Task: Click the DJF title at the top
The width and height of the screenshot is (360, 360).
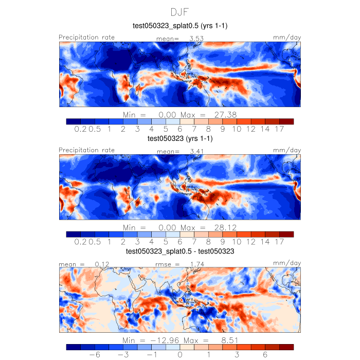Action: click(180, 11)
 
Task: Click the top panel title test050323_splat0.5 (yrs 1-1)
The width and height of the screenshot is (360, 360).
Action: click(180, 26)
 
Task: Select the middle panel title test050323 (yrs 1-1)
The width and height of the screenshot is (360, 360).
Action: click(180, 139)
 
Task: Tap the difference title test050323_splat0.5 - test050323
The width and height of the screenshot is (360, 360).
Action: click(180, 252)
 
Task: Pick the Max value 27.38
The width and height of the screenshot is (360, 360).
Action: click(225, 114)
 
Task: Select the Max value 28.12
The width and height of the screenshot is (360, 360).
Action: click(225, 227)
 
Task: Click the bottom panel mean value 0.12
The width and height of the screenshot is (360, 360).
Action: click(96, 264)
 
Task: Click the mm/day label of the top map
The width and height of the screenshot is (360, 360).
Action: click(287, 38)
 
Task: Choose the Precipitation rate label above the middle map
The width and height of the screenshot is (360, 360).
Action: click(87, 150)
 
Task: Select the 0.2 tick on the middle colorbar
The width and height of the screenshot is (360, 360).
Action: click(80, 242)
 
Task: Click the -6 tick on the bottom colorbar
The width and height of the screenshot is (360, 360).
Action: click(94, 355)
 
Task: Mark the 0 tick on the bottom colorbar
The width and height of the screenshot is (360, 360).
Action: click(180, 355)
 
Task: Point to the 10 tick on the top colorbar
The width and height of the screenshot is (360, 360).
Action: click(237, 129)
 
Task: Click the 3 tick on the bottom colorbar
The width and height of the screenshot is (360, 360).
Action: click(237, 355)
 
